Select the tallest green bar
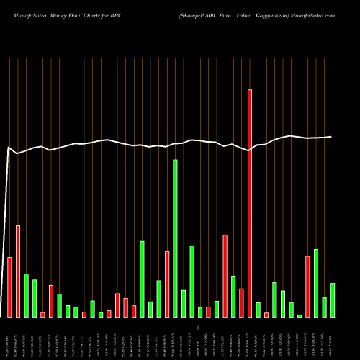coord(175,238)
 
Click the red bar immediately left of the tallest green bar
coord(167,284)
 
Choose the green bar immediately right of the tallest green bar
coord(184,303)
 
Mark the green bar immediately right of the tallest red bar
coord(258,310)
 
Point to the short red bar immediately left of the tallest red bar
coord(241,302)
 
